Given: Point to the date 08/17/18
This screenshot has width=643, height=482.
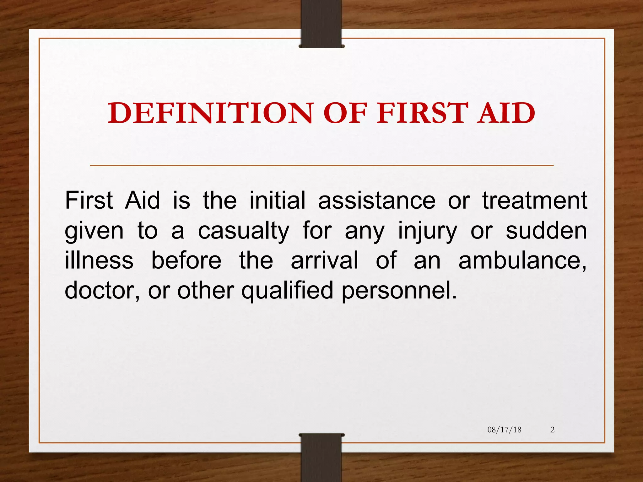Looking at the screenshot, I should pos(504,430).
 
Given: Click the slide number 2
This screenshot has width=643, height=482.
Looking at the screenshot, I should pos(553,430).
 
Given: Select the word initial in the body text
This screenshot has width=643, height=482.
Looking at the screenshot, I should pos(277,201).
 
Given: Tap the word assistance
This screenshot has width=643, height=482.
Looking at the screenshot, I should pos(377,201).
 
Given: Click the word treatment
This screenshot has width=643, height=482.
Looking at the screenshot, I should pos(535,201).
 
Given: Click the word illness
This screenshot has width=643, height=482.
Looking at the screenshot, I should pos(99,260).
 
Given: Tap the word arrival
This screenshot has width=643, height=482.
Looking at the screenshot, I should pos(324,260).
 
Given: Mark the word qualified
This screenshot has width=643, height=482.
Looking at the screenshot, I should pos(287,290).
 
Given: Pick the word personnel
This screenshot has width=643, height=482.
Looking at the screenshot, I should pos(399,290).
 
